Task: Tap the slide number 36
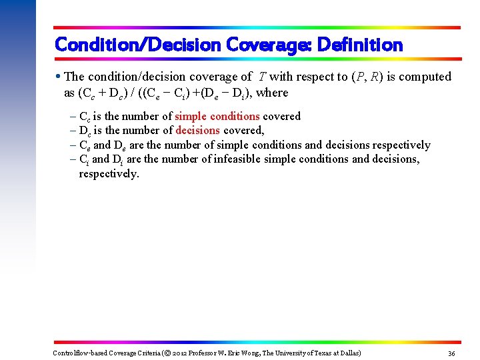pos(451,353)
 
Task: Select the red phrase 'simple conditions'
pos(217,116)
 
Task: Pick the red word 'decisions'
pos(197,130)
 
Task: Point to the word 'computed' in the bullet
pos(425,77)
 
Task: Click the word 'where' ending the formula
pos(271,93)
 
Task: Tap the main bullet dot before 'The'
pos(59,77)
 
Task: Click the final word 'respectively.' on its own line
pos(109,173)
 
